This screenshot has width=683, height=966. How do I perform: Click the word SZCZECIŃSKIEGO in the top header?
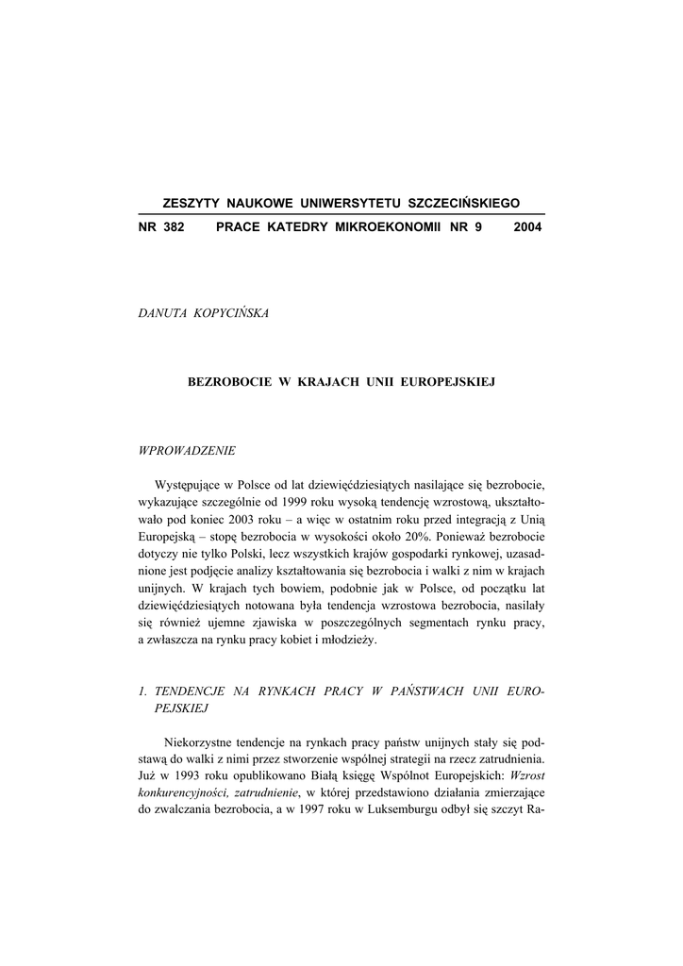pos(463,203)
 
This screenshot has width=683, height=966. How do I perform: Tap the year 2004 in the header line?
pos(528,227)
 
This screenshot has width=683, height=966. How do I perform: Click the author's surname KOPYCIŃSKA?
pos(230,313)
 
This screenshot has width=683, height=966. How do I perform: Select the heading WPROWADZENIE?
pos(187,450)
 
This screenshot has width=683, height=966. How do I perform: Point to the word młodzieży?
pos(346,641)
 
